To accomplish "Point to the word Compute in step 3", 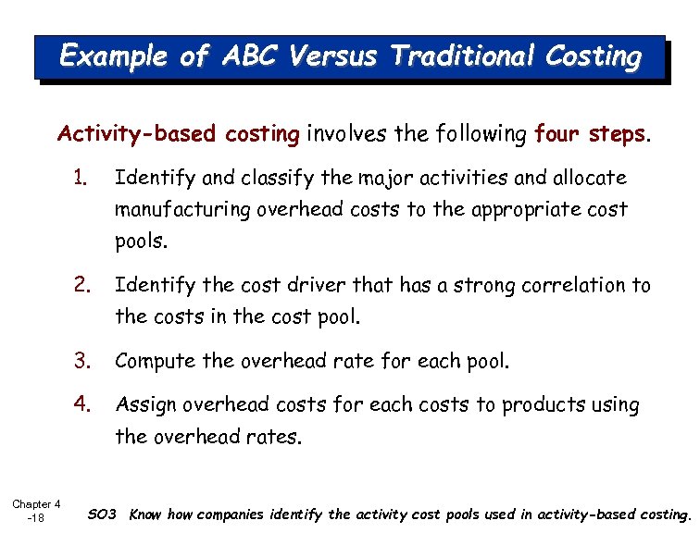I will (x=150, y=361).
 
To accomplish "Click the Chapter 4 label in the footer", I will (x=36, y=504).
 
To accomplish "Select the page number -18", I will (x=36, y=518).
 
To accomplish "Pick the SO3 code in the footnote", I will (x=101, y=514).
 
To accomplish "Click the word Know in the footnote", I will (x=145, y=514).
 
